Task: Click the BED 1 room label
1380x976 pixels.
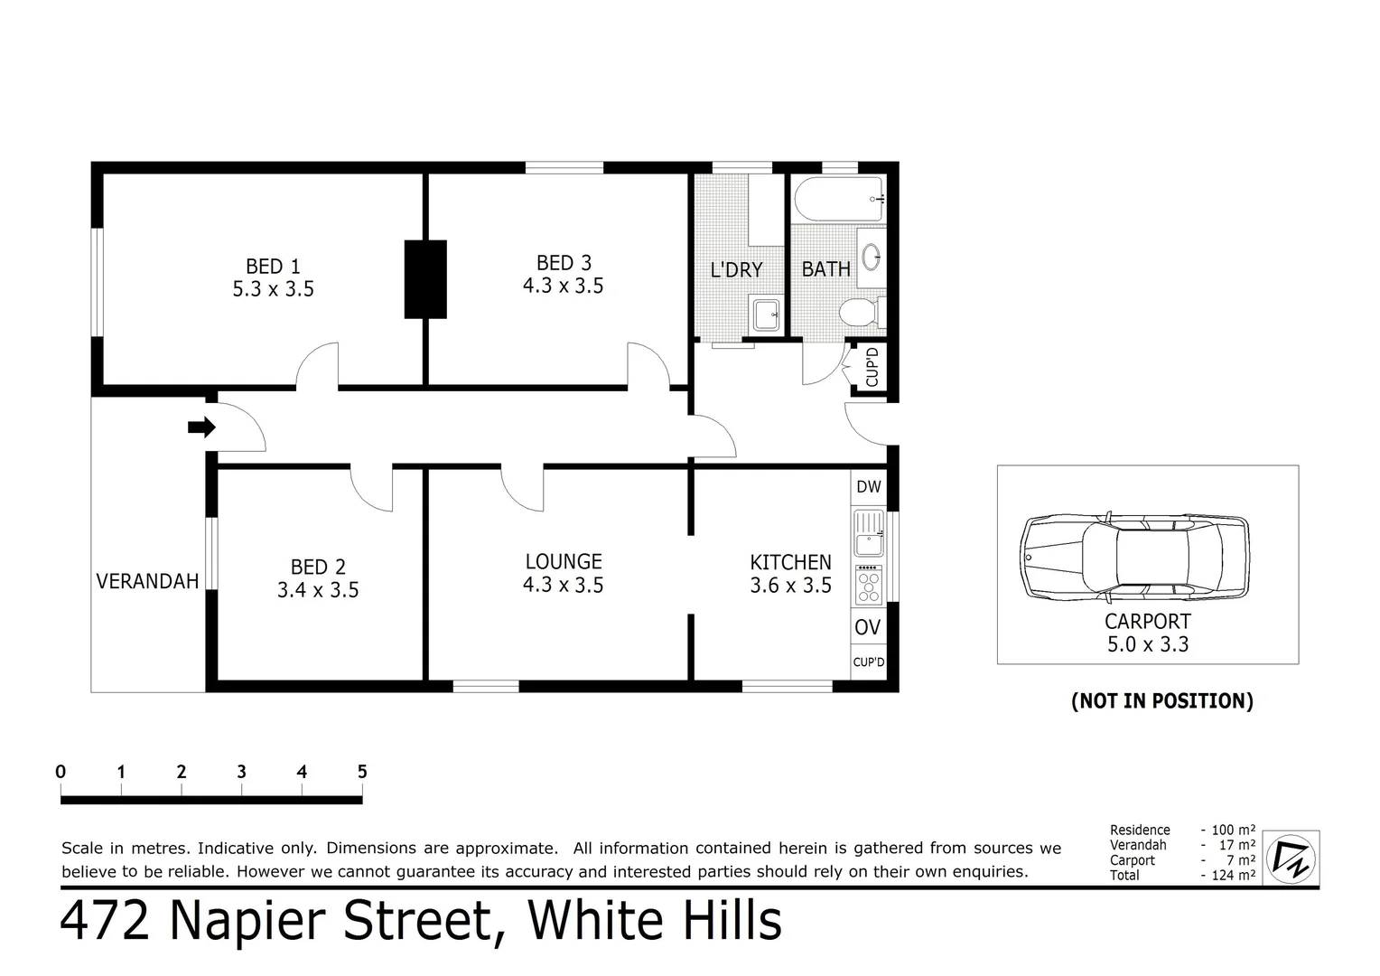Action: (273, 267)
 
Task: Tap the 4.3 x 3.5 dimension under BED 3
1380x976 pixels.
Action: (563, 286)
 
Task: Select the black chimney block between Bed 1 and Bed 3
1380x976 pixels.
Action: (425, 279)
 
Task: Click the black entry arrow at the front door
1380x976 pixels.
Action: (201, 427)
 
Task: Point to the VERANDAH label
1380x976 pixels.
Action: (147, 581)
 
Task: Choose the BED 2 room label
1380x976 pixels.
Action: (318, 568)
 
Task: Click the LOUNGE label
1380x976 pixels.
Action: (563, 562)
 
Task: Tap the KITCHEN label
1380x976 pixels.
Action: (790, 562)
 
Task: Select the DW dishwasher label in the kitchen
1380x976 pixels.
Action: (868, 487)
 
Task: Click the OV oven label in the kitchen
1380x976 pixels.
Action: (868, 627)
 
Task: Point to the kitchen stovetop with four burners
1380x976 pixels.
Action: (869, 585)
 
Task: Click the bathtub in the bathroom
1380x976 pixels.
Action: (838, 199)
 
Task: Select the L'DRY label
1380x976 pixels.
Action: (736, 270)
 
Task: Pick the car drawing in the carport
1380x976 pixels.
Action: (1135, 558)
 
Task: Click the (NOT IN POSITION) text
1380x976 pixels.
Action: (1161, 701)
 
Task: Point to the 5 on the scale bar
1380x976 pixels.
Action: (362, 772)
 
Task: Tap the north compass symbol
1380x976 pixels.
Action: (1291, 858)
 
